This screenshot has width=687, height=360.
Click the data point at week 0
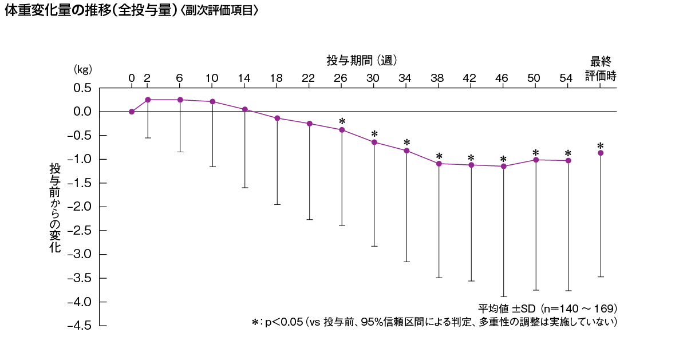132,112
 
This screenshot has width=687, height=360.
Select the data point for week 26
342,130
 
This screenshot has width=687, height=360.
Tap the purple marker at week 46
504,167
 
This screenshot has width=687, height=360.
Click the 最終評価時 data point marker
601,153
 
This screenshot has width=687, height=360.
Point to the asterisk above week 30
374,134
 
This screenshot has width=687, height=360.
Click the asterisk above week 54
568,153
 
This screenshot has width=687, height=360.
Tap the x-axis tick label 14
244,78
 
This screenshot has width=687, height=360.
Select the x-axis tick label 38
439,78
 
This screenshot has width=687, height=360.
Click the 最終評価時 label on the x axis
601,69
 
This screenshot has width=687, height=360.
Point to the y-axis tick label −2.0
80,207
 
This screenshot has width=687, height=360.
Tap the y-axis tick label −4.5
80,326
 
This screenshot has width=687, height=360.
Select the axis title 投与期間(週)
362,60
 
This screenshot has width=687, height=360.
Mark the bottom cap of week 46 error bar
504,296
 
